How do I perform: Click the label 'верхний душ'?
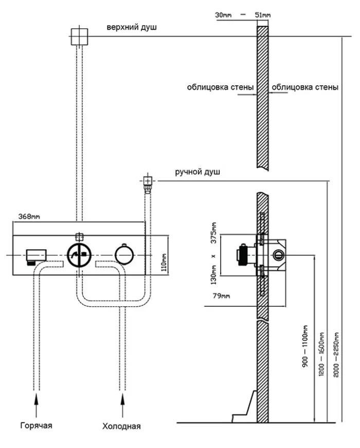click(131, 27)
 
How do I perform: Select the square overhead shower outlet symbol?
click(80, 36)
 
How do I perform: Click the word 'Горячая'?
click(37, 425)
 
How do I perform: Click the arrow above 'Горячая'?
click(37, 405)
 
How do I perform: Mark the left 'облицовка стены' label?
click(220, 87)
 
